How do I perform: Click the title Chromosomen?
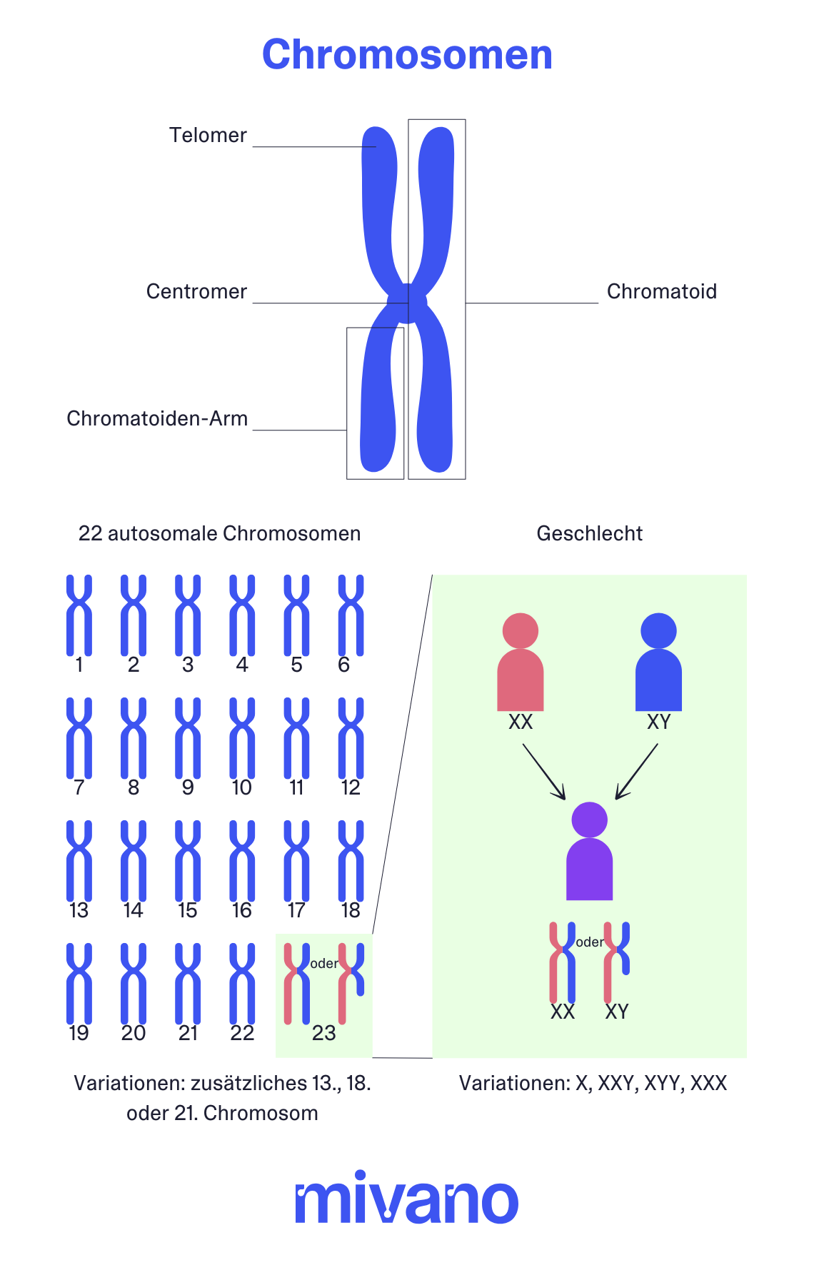407,54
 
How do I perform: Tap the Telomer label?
208,135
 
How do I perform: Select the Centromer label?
196,291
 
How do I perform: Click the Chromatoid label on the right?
661,291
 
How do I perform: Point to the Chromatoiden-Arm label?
157,418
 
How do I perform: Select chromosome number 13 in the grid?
79,860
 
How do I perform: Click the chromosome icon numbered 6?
351,615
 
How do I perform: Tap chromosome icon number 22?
242,983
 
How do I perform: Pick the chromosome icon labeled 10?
242,737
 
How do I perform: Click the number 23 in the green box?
323,1033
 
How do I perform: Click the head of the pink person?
520,630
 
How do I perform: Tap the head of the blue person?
658,630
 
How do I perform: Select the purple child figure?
589,853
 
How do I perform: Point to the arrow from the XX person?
544,771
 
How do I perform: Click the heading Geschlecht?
589,533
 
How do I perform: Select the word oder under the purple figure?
590,942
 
